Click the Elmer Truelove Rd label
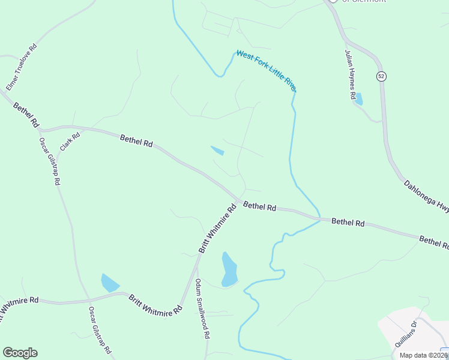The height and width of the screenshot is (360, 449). pyautogui.click(x=21, y=67)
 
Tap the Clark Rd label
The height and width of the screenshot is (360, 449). pyautogui.click(x=69, y=142)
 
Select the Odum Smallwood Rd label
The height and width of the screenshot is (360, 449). pyautogui.click(x=201, y=310)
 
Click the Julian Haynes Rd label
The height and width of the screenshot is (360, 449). pyautogui.click(x=351, y=74)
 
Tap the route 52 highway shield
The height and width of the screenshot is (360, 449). pyautogui.click(x=381, y=76)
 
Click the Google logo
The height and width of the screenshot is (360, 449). pyautogui.click(x=20, y=353)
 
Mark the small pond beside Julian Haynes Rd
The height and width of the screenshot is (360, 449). pyautogui.click(x=358, y=100)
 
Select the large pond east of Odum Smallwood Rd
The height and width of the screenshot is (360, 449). pyautogui.click(x=229, y=269)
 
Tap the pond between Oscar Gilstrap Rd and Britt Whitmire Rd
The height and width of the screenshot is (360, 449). pyautogui.click(x=110, y=282)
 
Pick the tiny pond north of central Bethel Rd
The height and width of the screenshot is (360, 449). pyautogui.click(x=217, y=150)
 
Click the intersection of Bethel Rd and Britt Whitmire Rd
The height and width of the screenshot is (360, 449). pyautogui.click(x=238, y=200)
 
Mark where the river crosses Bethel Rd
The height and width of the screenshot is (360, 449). pyautogui.click(x=318, y=217)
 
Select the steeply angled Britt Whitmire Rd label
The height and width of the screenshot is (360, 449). pyautogui.click(x=217, y=229)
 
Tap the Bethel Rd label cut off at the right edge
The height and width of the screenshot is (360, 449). pyautogui.click(x=434, y=242)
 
